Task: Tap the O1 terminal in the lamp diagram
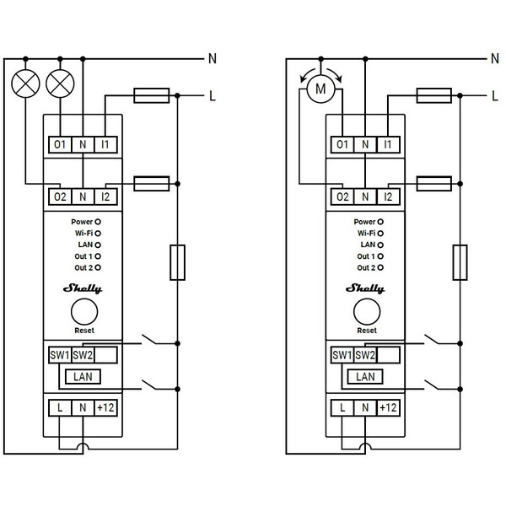[x=59, y=145]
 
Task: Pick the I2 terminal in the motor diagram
[x=387, y=197]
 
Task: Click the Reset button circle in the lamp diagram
[x=83, y=312]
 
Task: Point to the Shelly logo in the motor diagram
[x=365, y=288]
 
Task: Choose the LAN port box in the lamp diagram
[x=83, y=376]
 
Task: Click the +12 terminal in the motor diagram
[x=387, y=408]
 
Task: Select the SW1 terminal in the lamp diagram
[x=59, y=355]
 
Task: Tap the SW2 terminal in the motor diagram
[x=364, y=355]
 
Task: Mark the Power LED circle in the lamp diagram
[x=97, y=222]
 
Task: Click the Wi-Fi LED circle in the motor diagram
[x=379, y=233]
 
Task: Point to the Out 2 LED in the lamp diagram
[x=97, y=266]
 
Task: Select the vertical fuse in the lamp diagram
[x=177, y=262]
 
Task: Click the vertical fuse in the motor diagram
[x=460, y=262]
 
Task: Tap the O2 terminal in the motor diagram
[x=342, y=197]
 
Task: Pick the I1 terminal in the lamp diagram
[x=105, y=145]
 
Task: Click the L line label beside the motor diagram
[x=496, y=97]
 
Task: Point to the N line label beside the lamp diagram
[x=213, y=59]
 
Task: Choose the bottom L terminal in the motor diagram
[x=342, y=408]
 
